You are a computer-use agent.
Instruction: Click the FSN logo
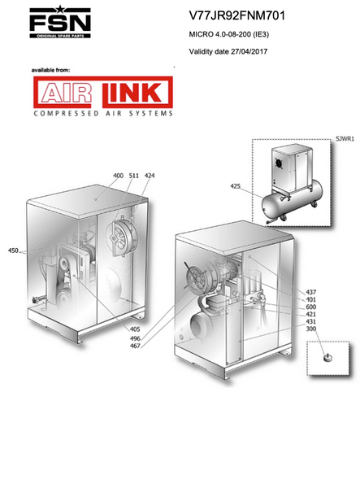[60, 21]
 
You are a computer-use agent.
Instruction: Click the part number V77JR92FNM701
[237, 15]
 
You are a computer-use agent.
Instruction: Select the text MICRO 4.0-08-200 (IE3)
[229, 34]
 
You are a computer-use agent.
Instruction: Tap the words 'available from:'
[50, 70]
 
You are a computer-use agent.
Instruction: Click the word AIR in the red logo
[66, 93]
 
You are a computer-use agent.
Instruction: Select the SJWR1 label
[345, 139]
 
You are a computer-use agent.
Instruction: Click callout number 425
[236, 186]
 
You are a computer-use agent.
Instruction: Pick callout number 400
[118, 176]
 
